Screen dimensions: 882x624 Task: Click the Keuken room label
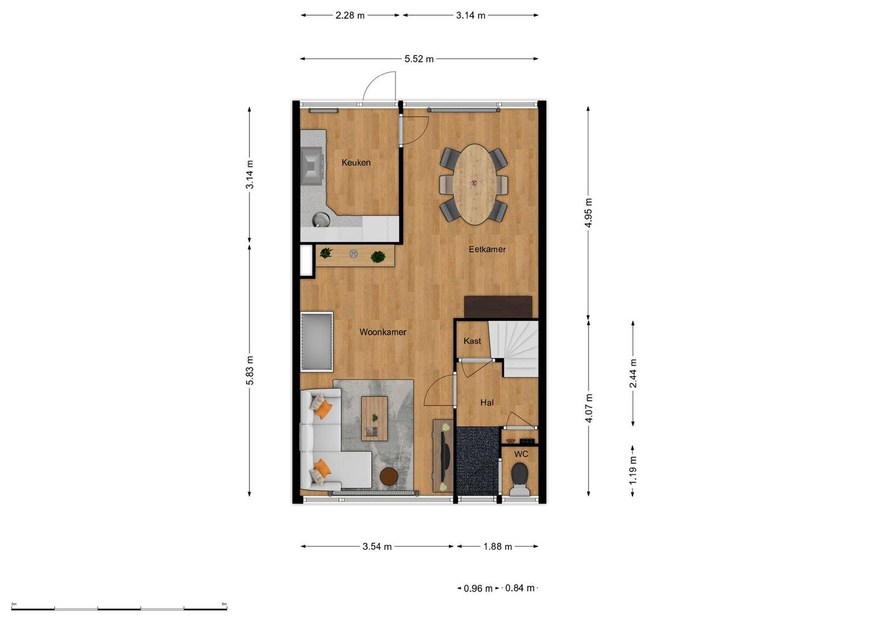tap(356, 162)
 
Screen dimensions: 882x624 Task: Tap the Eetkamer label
tap(487, 249)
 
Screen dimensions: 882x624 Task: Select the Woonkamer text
tap(383, 332)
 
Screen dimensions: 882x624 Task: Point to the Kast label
tap(472, 341)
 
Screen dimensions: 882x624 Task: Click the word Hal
tap(487, 403)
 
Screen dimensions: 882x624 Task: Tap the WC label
tap(521, 454)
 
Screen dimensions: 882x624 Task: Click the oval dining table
tap(474, 184)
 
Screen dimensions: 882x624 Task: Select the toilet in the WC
tap(519, 480)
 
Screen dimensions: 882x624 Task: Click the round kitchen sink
tap(321, 220)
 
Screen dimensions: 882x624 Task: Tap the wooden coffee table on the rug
tap(374, 418)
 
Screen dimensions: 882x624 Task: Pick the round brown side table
tap(389, 476)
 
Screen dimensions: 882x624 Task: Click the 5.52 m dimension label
tap(419, 59)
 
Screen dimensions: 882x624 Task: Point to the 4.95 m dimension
tap(588, 213)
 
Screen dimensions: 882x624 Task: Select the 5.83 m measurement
tap(250, 370)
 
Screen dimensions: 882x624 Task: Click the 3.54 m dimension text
tap(377, 547)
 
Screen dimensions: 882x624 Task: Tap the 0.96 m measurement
tap(478, 589)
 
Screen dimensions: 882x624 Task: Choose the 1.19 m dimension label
tap(632, 471)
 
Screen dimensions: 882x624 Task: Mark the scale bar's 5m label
tap(224, 604)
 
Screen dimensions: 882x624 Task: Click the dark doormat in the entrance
tap(477, 461)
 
